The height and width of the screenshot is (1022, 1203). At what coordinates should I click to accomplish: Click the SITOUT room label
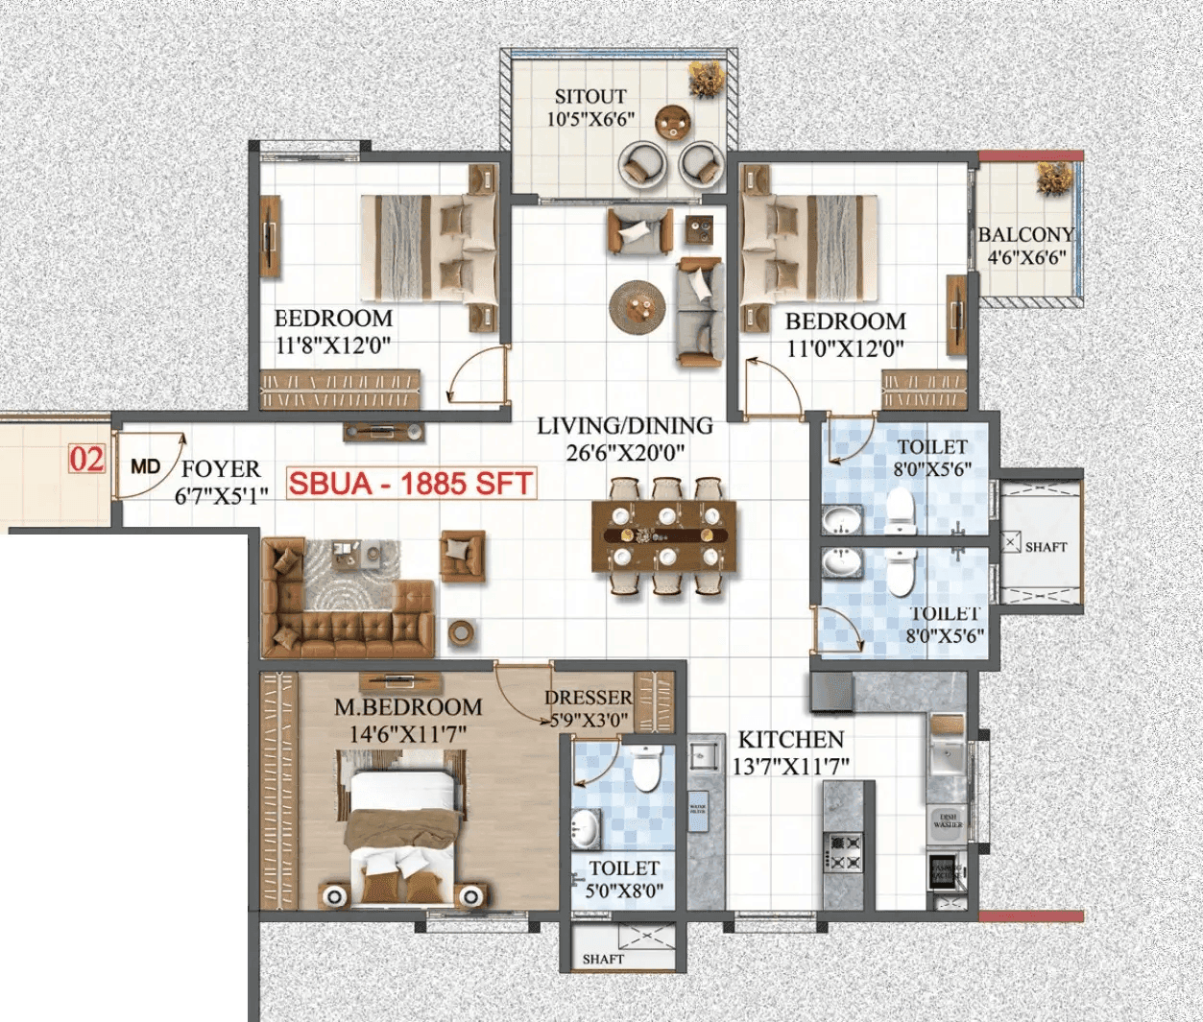(589, 97)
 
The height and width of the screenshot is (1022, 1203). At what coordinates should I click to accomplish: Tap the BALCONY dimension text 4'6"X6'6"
(1026, 257)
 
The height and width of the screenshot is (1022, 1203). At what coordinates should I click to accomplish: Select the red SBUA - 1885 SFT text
(411, 483)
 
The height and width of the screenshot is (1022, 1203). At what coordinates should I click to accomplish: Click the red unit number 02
(86, 460)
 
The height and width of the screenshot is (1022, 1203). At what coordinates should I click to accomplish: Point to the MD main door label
(145, 467)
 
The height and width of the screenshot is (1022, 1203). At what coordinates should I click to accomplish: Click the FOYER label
(221, 468)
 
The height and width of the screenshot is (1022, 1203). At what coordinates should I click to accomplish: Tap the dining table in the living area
(664, 536)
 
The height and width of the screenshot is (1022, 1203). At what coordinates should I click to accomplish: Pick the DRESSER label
(589, 698)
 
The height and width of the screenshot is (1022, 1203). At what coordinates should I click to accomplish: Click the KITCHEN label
(790, 740)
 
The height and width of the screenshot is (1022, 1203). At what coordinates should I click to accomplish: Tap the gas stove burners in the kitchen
(846, 852)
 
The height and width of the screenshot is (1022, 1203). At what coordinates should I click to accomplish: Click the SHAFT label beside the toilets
(1046, 547)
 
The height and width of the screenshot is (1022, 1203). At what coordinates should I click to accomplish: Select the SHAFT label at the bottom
(603, 959)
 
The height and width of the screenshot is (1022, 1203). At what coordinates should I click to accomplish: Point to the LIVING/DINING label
(624, 425)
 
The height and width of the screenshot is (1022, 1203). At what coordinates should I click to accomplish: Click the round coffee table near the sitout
(638, 306)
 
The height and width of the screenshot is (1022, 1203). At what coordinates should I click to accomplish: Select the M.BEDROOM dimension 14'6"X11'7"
(408, 734)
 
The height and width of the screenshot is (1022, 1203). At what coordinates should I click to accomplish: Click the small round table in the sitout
(673, 122)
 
